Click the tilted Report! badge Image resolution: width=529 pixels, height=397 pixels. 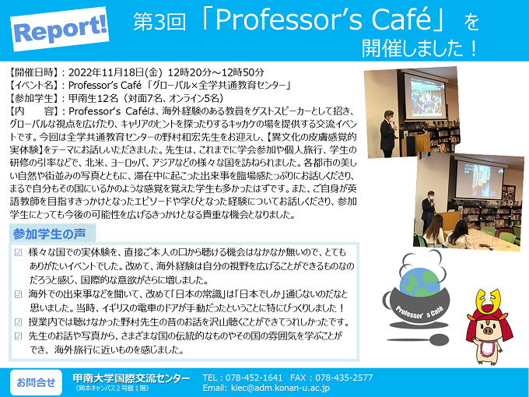coord(60,29)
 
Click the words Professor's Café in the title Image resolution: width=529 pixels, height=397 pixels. coord(323,20)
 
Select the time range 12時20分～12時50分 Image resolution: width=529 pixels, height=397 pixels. coord(216,72)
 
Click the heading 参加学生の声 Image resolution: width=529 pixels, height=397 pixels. coord(49,234)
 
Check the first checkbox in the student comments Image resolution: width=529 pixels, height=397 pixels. coord(19,252)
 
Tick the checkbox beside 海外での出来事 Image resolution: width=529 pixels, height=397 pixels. coord(19,294)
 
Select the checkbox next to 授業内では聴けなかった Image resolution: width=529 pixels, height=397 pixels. coord(19,322)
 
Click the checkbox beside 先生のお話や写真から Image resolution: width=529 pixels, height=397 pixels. coord(19,336)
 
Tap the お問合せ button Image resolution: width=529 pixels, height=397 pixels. coord(36,382)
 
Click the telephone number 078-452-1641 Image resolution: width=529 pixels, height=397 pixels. coord(254,378)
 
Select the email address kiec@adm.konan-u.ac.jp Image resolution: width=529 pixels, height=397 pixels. coord(280,388)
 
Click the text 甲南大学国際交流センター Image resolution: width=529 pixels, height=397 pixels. coord(131,378)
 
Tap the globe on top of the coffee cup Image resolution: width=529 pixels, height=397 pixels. coord(420,283)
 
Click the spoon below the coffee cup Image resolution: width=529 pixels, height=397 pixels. coord(419,339)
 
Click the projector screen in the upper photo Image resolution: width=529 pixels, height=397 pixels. coord(425,96)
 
